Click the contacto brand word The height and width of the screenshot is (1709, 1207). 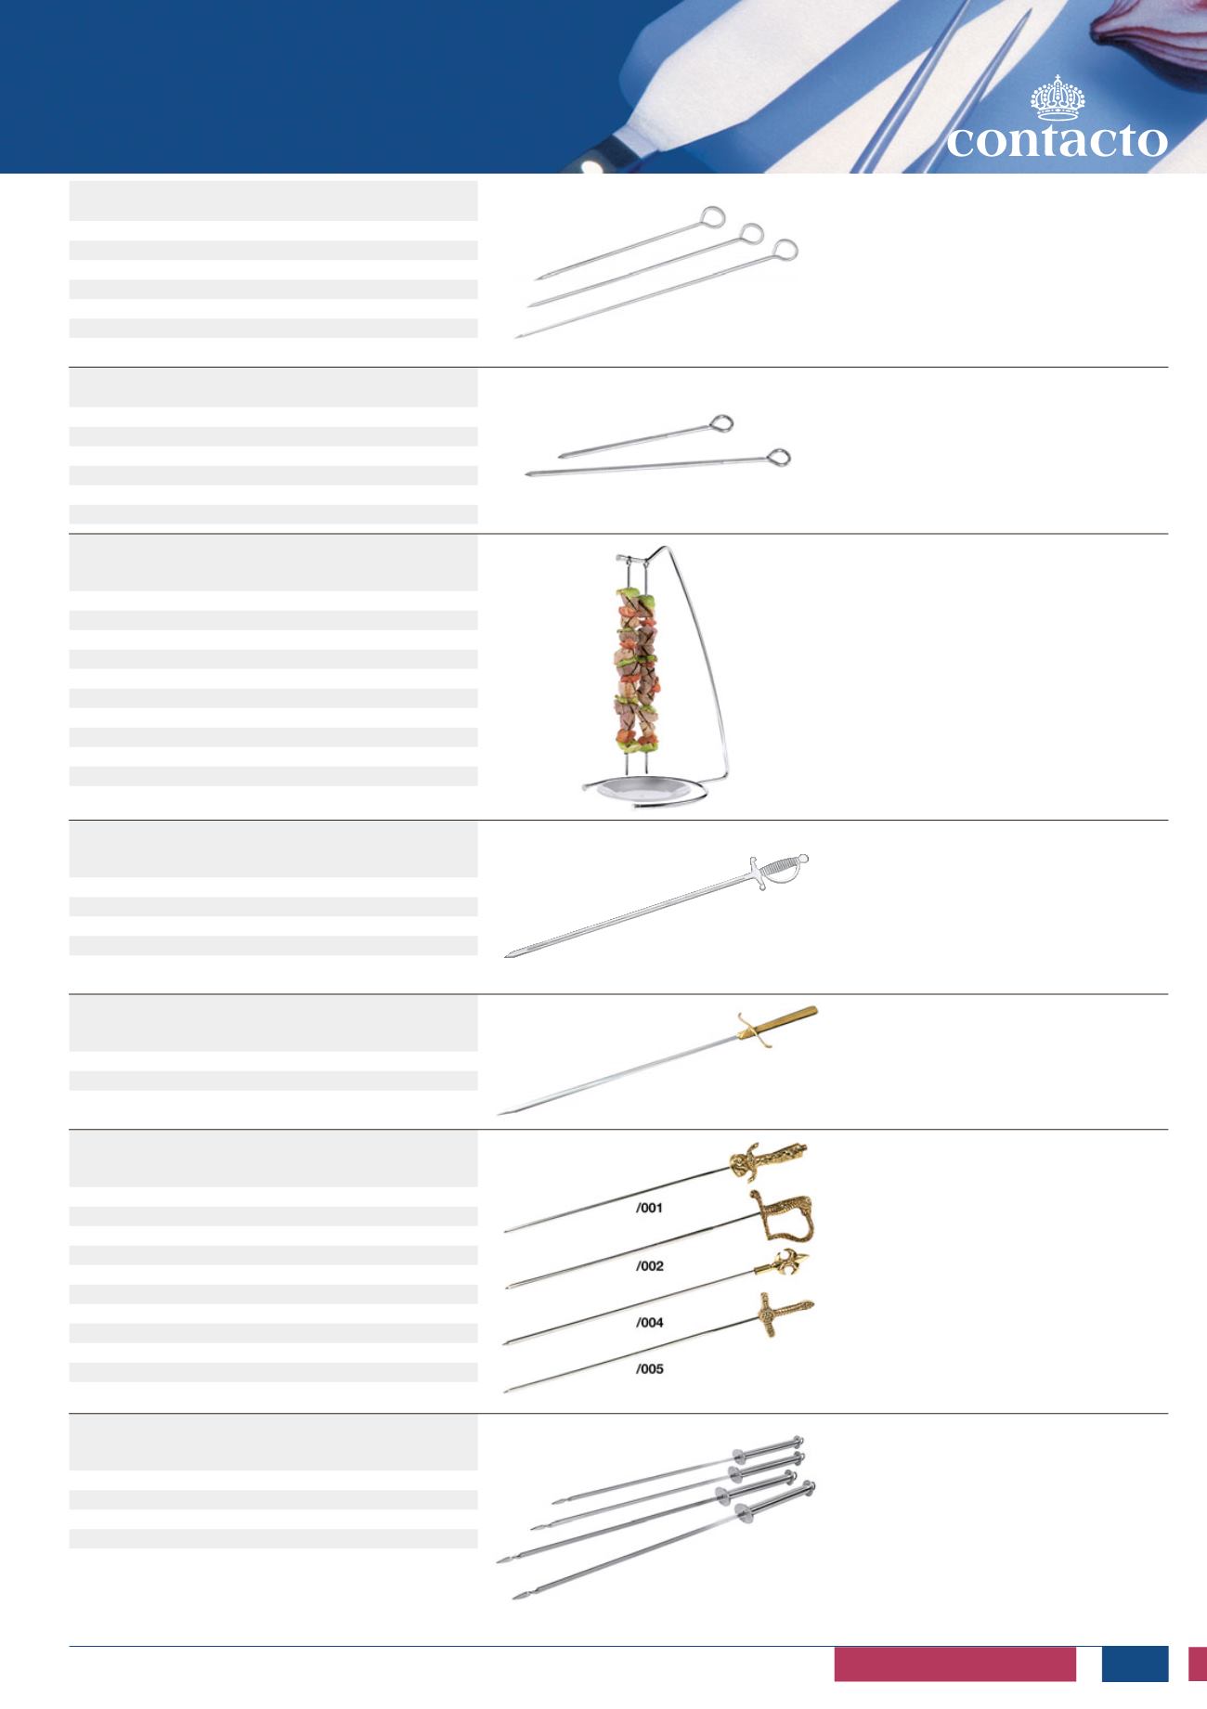(1057, 142)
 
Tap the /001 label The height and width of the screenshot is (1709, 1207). (649, 1209)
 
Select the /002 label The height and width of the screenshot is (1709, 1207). (649, 1266)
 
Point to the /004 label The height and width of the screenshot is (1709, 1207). (649, 1322)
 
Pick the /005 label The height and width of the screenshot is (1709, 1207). (649, 1369)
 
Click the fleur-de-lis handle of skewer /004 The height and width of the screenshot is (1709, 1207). (785, 1265)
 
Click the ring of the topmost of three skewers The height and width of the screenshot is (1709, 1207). (712, 217)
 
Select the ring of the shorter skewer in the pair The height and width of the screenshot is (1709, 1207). (721, 424)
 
